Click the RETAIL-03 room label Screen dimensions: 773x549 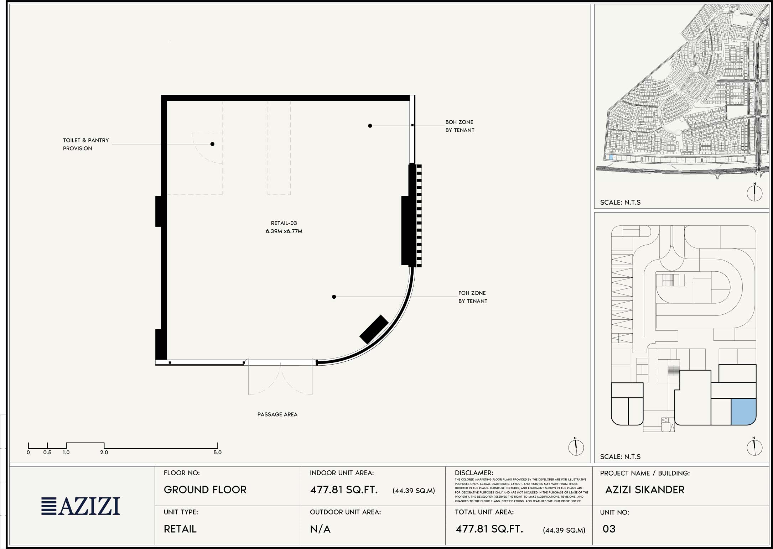(284, 223)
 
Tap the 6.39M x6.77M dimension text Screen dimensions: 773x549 (284, 231)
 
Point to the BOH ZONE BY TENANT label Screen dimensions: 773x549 (460, 126)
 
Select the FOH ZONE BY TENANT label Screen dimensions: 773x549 (473, 297)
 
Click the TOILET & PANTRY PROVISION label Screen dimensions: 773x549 (86, 144)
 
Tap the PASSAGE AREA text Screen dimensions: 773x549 (277, 414)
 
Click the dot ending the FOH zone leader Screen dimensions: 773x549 (334, 297)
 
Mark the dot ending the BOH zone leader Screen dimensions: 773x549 (370, 126)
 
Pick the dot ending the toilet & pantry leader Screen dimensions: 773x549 (212, 144)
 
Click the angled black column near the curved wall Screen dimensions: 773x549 (374, 329)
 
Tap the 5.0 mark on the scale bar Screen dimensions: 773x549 (217, 453)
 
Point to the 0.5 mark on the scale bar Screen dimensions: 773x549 (47, 453)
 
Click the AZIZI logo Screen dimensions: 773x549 (81, 506)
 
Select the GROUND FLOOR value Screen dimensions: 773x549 (205, 490)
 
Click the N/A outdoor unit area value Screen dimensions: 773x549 (320, 529)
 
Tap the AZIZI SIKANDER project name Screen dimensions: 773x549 (645, 490)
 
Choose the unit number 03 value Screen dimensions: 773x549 (609, 529)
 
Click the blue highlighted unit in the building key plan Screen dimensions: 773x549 (743, 412)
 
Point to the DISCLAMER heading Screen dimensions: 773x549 (474, 473)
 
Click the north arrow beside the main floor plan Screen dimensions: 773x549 (576, 447)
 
